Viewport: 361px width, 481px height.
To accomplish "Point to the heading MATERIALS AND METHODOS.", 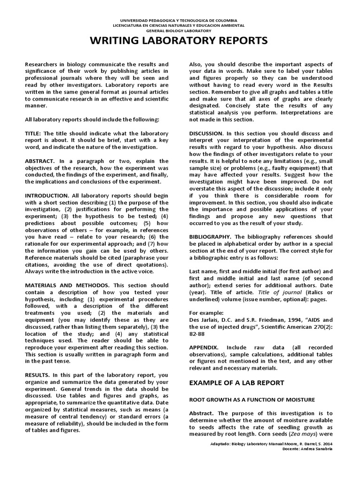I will tap(67, 285).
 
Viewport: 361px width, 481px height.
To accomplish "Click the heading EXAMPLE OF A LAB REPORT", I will tap(236, 383).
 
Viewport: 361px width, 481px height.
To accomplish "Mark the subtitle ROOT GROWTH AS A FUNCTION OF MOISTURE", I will tap(251, 399).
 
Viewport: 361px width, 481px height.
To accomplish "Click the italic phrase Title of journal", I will tap(273, 292).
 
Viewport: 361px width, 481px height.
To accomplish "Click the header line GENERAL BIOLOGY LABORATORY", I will tap(180, 30).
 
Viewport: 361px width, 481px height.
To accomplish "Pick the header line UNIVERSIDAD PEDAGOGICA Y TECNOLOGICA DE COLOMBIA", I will tap(180, 21).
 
